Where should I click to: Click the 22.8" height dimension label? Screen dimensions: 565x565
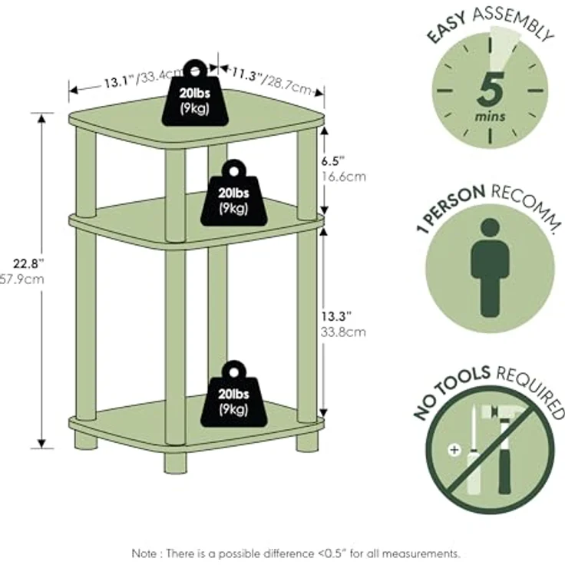pos(28,264)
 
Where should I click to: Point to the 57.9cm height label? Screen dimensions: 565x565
pos(21,279)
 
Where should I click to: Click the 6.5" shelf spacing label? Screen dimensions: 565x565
pos(332,161)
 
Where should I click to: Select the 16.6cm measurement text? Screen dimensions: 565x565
pos(343,177)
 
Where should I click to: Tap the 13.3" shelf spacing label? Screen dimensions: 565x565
pos(335,316)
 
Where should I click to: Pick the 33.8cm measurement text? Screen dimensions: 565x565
pos(343,332)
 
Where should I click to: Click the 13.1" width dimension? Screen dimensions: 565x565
pos(119,82)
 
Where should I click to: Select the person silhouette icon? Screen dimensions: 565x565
pos(490,268)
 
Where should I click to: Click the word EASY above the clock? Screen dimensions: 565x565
pos(447,28)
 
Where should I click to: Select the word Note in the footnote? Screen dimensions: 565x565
pos(144,553)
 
